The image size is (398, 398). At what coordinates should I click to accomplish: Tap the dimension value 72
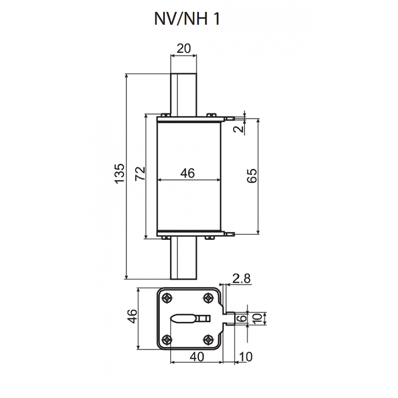[x=140, y=173]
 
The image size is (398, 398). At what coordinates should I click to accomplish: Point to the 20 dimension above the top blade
[x=183, y=48]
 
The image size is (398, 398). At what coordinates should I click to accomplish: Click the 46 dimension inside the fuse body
[x=187, y=173]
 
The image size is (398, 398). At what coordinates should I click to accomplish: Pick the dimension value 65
[x=252, y=176]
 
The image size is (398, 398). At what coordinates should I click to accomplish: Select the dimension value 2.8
[x=241, y=279]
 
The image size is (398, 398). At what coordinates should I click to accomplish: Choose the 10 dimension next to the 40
[x=246, y=356]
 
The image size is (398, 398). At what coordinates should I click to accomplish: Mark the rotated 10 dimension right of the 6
[x=256, y=318]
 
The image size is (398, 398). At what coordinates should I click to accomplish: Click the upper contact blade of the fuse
[x=184, y=93]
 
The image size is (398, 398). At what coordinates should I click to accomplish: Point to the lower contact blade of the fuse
[x=184, y=259]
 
